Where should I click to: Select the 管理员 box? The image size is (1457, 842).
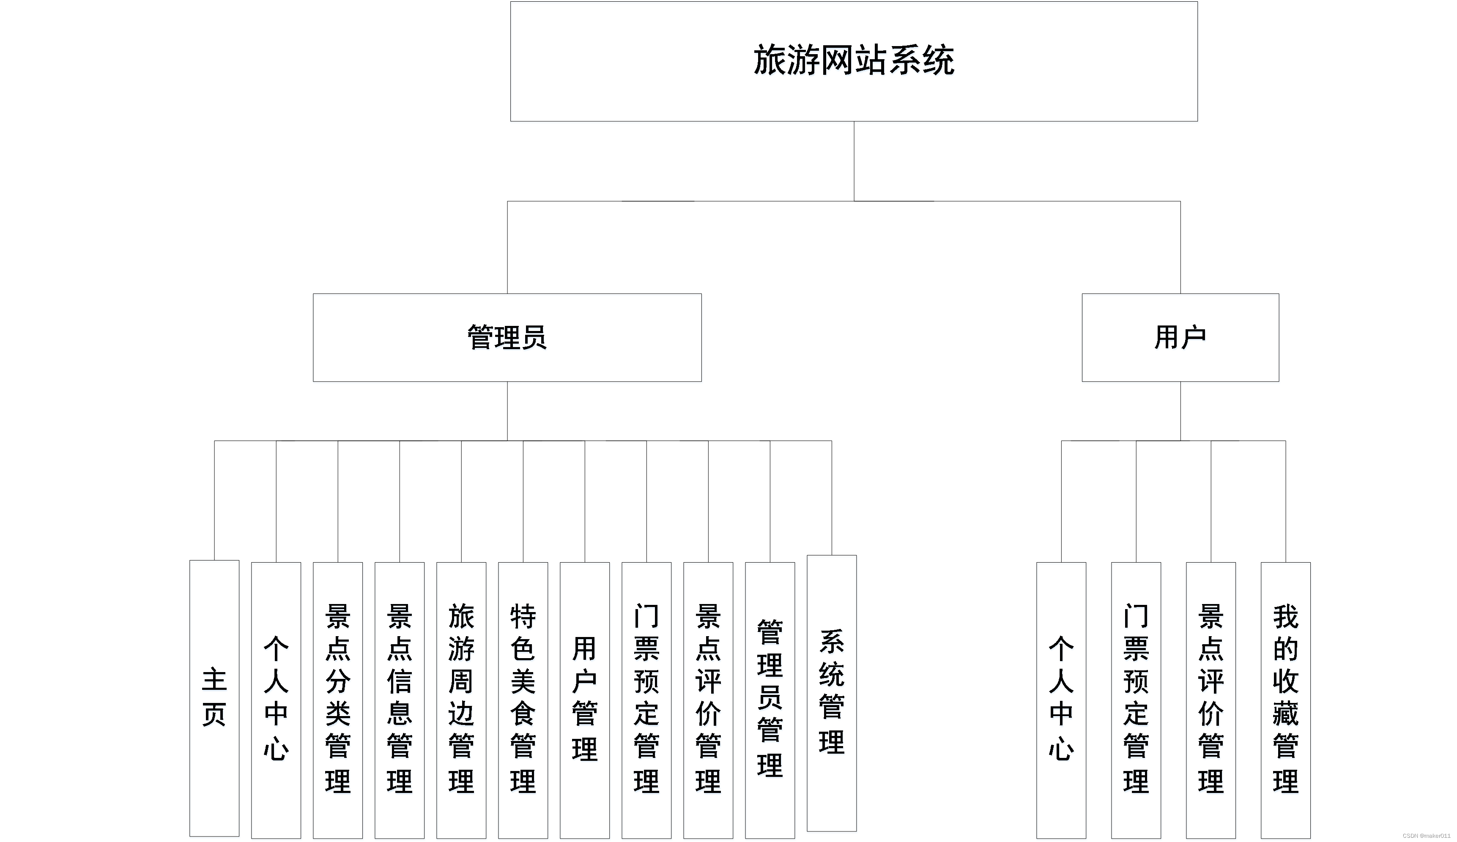(507, 337)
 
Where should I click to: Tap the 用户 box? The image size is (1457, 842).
(1180, 337)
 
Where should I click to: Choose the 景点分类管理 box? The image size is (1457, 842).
(338, 699)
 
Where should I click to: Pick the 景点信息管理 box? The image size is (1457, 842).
(400, 699)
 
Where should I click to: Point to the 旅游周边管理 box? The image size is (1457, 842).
(461, 699)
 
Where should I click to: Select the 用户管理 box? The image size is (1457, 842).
(585, 699)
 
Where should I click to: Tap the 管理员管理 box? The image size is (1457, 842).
(770, 699)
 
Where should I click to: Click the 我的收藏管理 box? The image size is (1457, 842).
(1285, 699)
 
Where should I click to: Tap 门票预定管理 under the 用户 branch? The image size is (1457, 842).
(1136, 699)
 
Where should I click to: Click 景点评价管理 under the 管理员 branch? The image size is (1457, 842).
(708, 699)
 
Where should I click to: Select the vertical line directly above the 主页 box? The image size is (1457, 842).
(214, 500)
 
